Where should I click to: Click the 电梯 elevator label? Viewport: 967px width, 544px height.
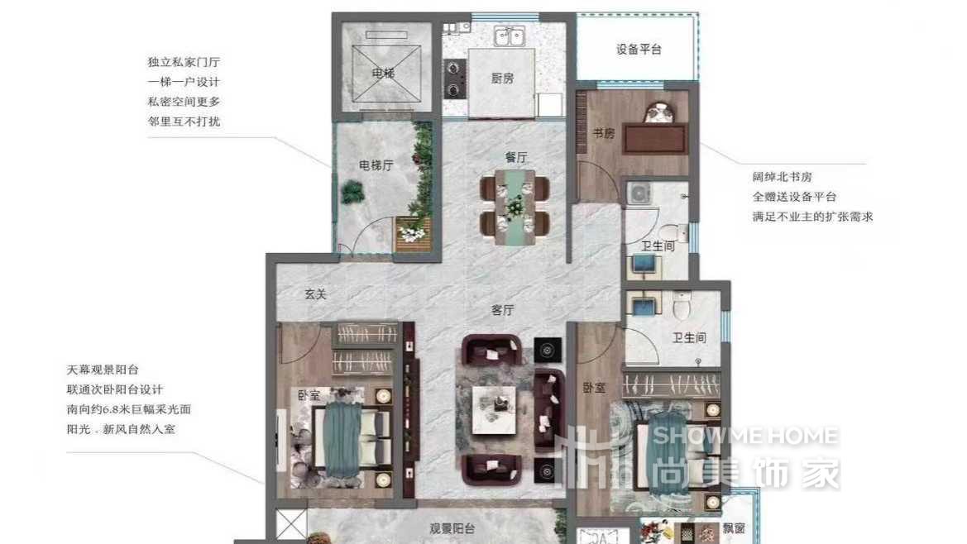[383, 74]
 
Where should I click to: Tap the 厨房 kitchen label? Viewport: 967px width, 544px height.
[503, 79]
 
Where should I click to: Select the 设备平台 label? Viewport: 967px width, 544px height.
[639, 50]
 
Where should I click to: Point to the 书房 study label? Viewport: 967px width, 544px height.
[604, 132]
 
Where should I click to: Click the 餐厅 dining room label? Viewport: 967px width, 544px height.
[516, 157]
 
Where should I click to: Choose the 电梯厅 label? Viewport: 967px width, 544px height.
[376, 165]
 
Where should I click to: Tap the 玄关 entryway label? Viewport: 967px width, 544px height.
[315, 294]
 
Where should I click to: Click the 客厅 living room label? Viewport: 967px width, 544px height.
[503, 310]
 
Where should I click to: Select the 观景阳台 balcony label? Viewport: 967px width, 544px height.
[452, 528]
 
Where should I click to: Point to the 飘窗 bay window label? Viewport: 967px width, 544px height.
[734, 528]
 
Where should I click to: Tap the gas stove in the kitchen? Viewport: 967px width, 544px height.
[454, 79]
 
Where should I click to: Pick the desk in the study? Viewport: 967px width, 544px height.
[655, 139]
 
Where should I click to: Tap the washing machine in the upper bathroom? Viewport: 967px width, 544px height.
[639, 193]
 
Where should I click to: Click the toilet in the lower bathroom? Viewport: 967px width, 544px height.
[682, 305]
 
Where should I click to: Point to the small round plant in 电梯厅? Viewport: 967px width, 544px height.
[352, 192]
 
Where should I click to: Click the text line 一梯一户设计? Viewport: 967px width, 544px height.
[184, 82]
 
